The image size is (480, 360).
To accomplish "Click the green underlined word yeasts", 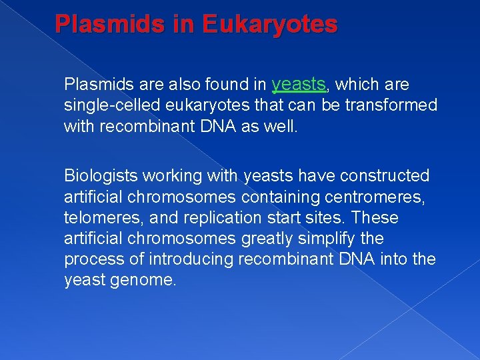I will point(299,84).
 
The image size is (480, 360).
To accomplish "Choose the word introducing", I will point(185,259).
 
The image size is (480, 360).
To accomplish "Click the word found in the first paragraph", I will point(227,85).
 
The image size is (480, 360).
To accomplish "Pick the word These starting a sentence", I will point(375,218).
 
